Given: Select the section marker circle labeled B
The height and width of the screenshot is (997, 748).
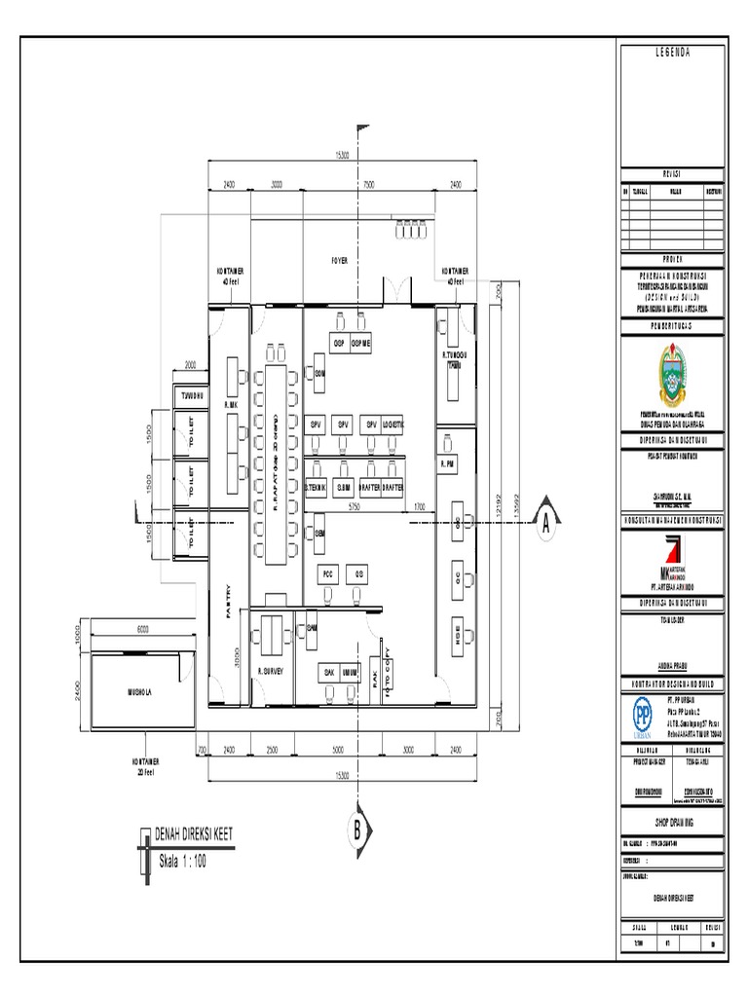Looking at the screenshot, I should pos(357,831).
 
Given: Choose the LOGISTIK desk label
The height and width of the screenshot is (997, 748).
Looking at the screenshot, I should pos(392,425).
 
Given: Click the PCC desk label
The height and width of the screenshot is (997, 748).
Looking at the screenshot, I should pos(327,573).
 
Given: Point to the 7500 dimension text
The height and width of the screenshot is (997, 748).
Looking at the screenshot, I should pos(369,183).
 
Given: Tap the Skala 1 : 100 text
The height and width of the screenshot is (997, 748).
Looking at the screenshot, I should pos(182,861).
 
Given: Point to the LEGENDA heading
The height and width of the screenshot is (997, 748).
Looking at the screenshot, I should pos(672,53).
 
